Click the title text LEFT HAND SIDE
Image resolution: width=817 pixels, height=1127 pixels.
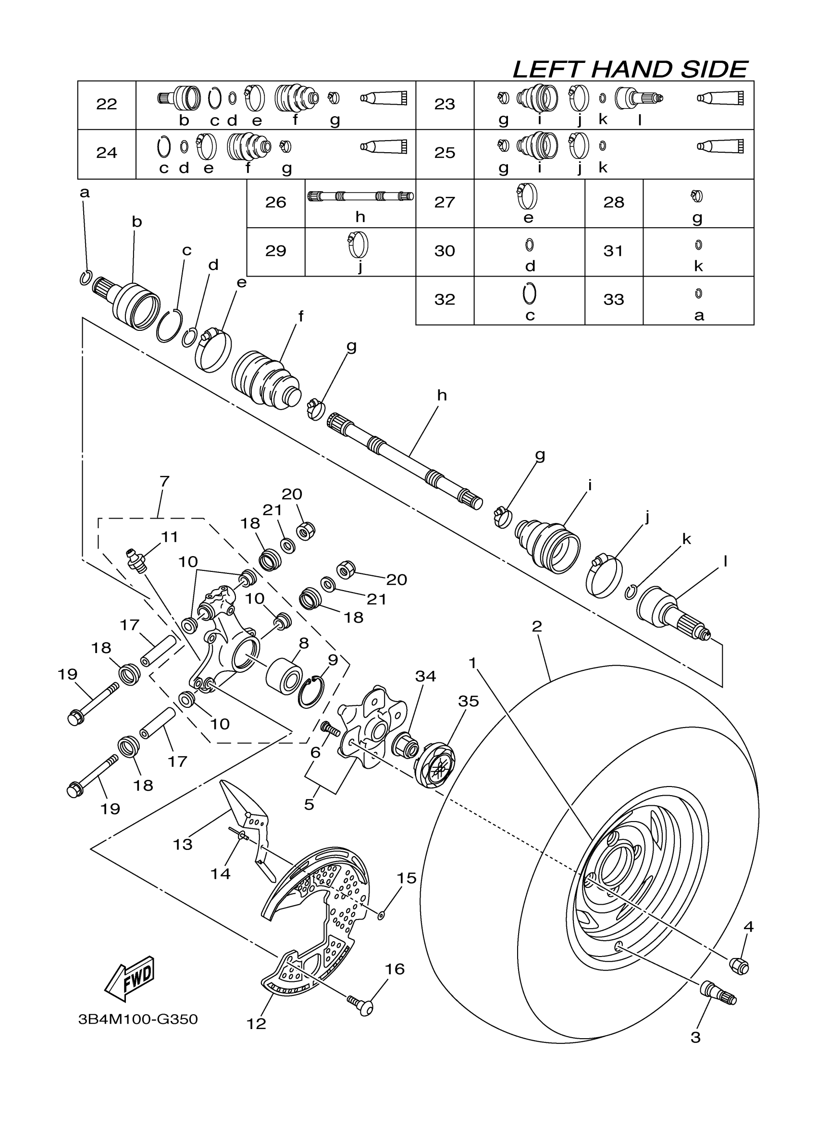point(630,70)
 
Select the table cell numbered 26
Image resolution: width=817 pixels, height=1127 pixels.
point(275,202)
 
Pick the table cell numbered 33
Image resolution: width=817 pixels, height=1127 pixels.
point(613,300)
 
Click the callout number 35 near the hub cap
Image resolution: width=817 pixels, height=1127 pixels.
point(468,701)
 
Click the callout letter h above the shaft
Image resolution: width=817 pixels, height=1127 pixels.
point(442,396)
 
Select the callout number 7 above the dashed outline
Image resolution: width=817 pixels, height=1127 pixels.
point(164,481)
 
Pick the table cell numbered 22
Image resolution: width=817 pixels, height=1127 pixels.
point(106,104)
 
